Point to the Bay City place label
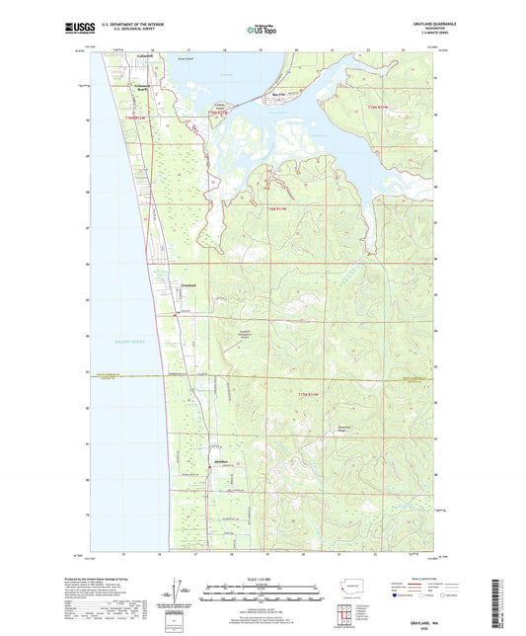pos(280,95)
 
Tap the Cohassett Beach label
pos(148,89)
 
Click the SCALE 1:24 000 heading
pos(262,577)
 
